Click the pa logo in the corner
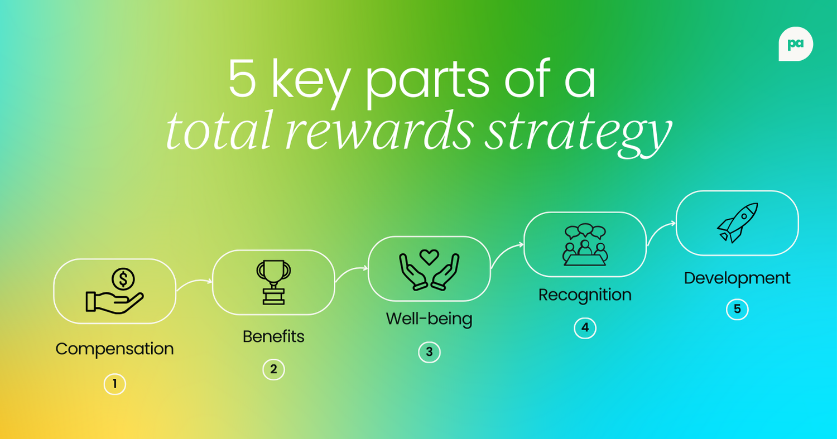point(796,44)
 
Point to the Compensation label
point(114,349)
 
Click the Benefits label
point(273,336)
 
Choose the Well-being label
point(429,319)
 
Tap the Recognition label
point(585,295)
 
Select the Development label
point(737,278)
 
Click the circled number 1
point(114,384)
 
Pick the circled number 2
point(273,369)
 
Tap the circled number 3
point(429,352)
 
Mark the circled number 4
point(585,327)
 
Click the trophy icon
point(273,282)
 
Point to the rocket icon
point(737,223)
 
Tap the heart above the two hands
point(429,257)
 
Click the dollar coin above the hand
point(123,279)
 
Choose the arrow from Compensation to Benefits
point(194,283)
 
